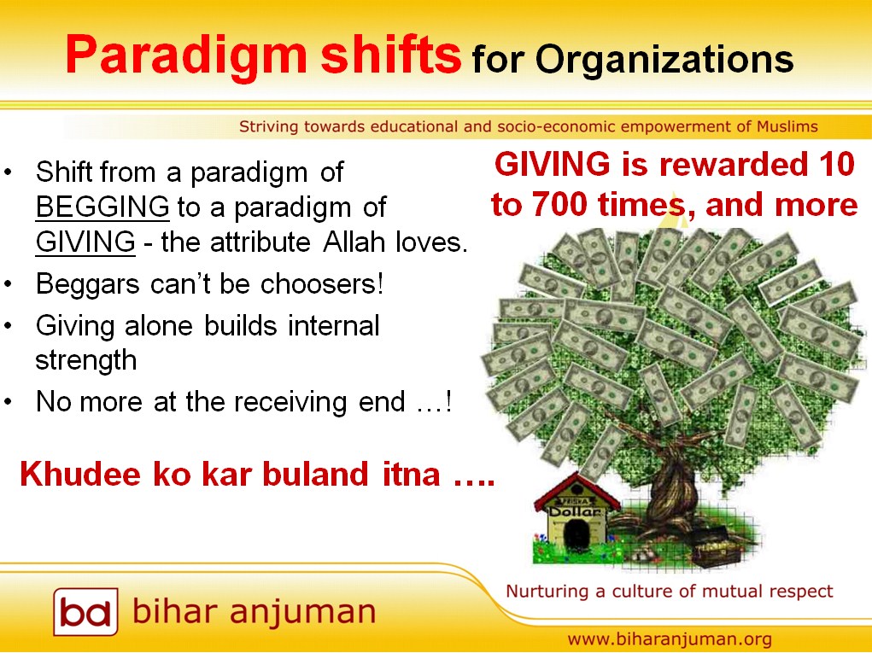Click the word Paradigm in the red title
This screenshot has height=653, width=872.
[185, 55]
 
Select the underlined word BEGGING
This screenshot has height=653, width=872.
[102, 207]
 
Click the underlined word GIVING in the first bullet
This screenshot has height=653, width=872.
[85, 242]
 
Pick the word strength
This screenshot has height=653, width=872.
[85, 360]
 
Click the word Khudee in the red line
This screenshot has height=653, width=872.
[79, 474]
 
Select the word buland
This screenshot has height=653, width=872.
[315, 474]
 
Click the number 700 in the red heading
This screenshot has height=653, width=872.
[559, 205]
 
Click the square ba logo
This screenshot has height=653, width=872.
[85, 611]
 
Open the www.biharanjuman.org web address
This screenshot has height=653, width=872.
[670, 639]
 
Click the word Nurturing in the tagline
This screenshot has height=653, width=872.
[547, 592]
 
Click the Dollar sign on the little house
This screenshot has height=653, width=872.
[576, 511]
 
